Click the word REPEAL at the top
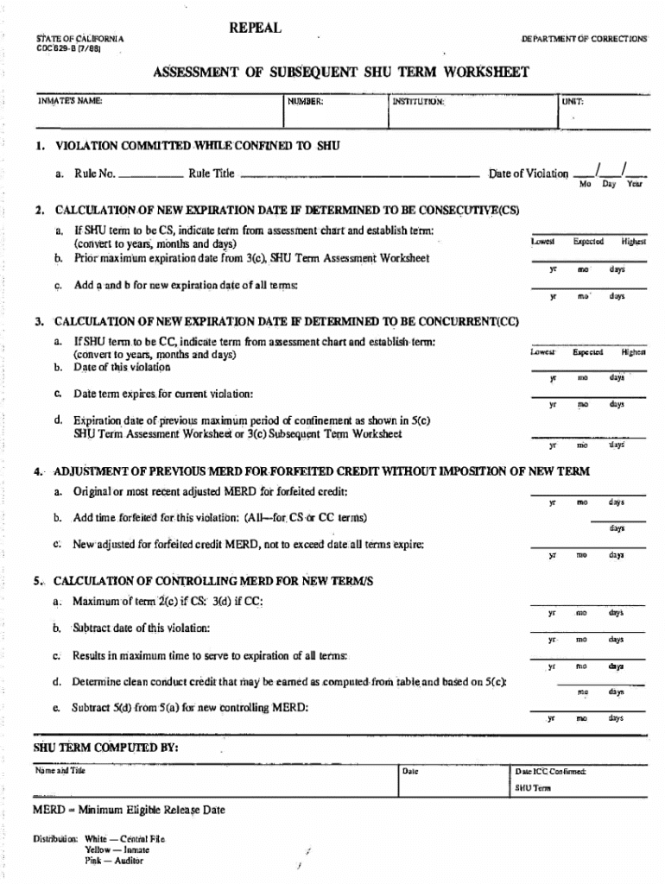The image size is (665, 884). pyautogui.click(x=255, y=28)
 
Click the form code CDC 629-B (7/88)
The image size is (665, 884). pyautogui.click(x=67, y=48)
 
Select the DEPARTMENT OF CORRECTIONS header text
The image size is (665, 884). pyautogui.click(x=584, y=40)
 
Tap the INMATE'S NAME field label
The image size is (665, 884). pyautogui.click(x=70, y=101)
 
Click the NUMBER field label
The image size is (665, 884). pyautogui.click(x=306, y=102)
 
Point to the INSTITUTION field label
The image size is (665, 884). pyautogui.click(x=418, y=102)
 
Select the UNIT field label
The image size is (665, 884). pyautogui.click(x=573, y=101)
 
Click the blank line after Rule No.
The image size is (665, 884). pyautogui.click(x=151, y=175)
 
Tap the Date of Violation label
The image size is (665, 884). pyautogui.click(x=529, y=174)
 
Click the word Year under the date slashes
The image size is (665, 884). pyautogui.click(x=634, y=185)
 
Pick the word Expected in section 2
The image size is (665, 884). pyautogui.click(x=587, y=242)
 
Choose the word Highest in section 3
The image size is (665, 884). pyautogui.click(x=632, y=352)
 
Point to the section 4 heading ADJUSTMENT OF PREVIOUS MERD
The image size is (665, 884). pyautogui.click(x=321, y=472)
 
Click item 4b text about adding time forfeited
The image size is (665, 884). pyautogui.click(x=220, y=518)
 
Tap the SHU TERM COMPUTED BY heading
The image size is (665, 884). pyautogui.click(x=105, y=748)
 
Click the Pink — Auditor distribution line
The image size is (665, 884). pyautogui.click(x=114, y=861)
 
